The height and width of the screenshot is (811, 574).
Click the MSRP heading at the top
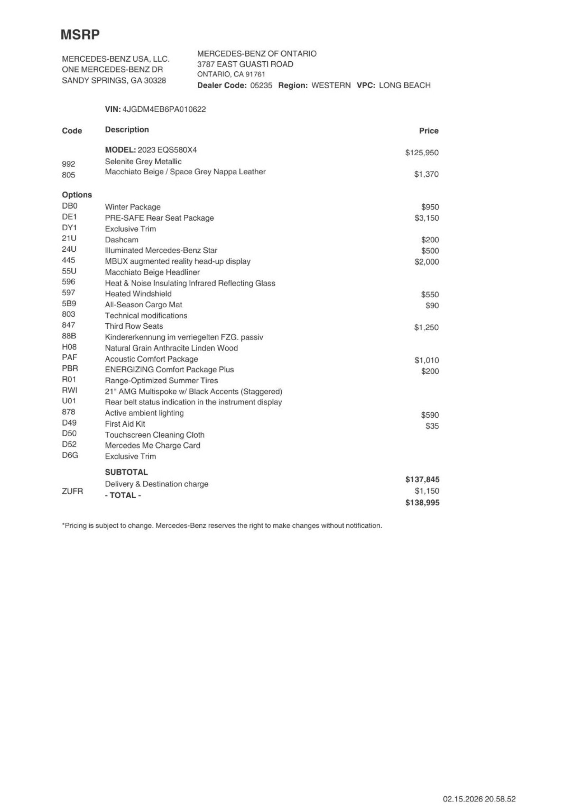tap(80, 35)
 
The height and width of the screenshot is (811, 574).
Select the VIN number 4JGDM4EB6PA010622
tap(164, 109)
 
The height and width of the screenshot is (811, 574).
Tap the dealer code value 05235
tap(261, 85)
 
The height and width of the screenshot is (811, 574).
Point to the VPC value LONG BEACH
tap(404, 85)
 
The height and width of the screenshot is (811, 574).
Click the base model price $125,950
tap(422, 153)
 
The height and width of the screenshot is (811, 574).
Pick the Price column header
tap(428, 131)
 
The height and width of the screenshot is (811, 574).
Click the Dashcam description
tap(121, 240)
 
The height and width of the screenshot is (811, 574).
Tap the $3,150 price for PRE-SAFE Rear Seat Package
tap(426, 218)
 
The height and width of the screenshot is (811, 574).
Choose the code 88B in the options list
tap(69, 336)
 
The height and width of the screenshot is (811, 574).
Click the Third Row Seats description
tap(134, 326)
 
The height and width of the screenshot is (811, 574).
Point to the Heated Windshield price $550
tap(430, 295)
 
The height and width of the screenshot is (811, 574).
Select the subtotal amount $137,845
tap(422, 479)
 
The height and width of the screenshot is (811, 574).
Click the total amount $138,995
tap(422, 503)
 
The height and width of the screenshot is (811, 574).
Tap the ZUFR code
tap(72, 491)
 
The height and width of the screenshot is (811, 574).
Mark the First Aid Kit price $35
tap(432, 426)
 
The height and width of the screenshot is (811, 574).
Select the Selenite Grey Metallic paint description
tap(143, 162)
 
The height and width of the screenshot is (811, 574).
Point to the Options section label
tap(77, 195)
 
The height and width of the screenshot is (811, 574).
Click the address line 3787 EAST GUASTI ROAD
tap(245, 65)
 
